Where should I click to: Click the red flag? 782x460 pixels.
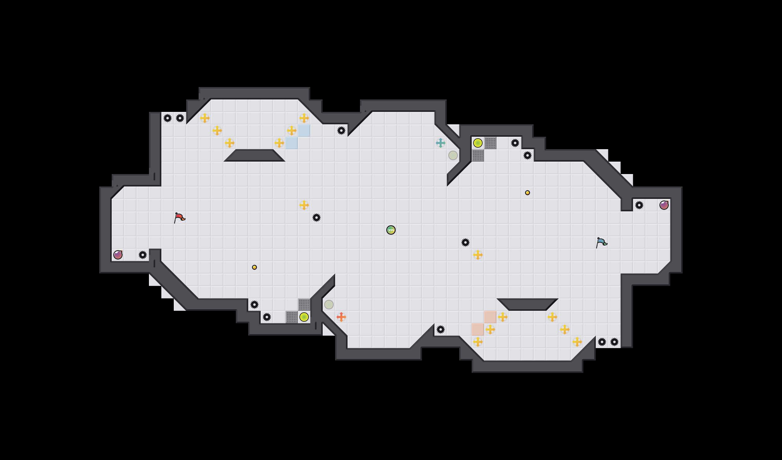tap(179, 218)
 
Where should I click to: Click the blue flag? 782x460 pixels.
tap(601, 242)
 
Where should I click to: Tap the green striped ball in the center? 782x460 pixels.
tap(391, 230)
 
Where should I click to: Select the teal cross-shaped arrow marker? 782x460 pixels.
tap(441, 143)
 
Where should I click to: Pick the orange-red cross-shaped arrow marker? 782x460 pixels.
tap(341, 317)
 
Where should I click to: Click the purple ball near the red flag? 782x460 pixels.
tap(118, 255)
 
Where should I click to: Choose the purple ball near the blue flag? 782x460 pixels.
tap(664, 205)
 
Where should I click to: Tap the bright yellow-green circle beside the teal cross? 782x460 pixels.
tap(478, 143)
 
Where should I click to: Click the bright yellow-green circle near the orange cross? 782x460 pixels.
tap(304, 317)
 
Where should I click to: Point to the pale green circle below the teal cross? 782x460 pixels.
tap(453, 155)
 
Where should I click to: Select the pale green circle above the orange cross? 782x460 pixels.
tap(329, 305)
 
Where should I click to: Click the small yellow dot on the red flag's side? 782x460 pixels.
tap(254, 267)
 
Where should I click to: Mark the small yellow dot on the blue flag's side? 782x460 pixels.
tap(528, 193)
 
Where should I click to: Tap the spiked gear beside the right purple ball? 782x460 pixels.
tap(639, 205)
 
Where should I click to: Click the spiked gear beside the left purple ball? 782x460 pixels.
tap(143, 255)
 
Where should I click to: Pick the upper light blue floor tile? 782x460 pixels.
tap(304, 131)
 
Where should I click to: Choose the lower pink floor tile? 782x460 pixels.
tap(478, 329)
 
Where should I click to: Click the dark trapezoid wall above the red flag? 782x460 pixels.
tap(254, 155)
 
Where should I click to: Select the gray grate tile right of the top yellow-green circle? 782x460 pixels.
tap(490, 143)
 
